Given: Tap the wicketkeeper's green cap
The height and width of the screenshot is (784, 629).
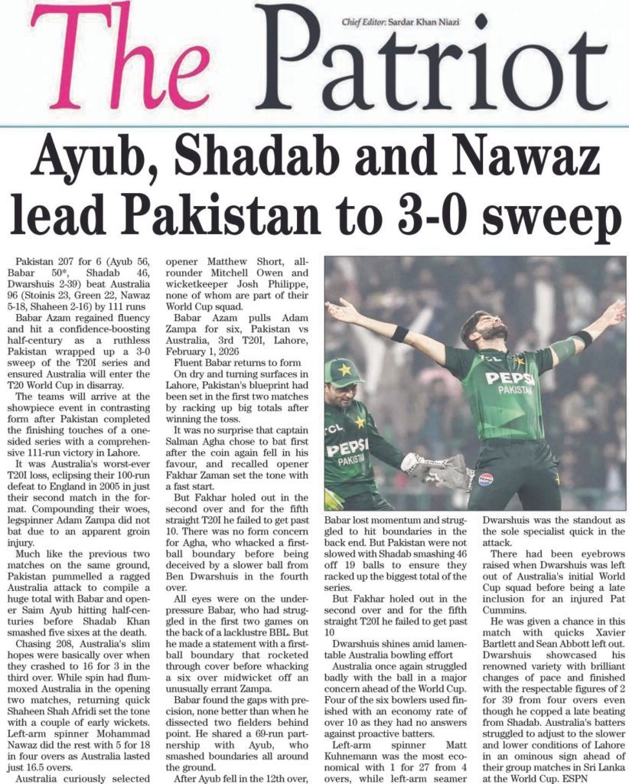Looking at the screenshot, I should [343, 372].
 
